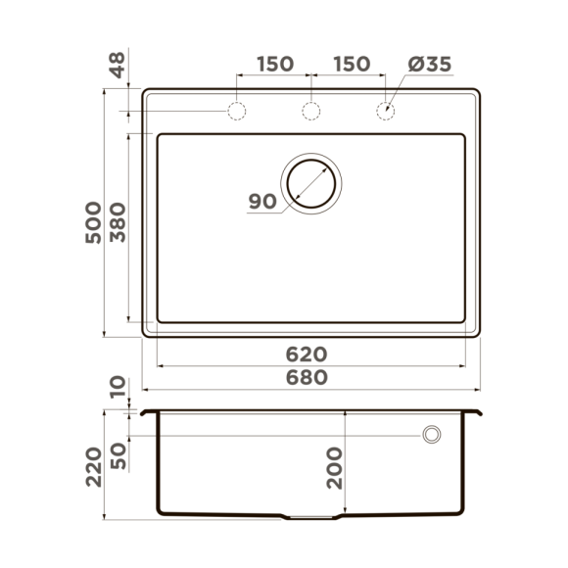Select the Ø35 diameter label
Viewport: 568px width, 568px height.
tap(428, 65)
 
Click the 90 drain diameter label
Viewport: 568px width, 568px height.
tap(261, 202)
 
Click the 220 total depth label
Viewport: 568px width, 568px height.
tap(93, 468)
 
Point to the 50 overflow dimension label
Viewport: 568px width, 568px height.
tap(118, 455)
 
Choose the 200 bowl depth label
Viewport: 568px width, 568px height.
tap(333, 468)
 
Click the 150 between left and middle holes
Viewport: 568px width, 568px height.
tap(274, 65)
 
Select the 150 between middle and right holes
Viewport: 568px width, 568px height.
tap(350, 65)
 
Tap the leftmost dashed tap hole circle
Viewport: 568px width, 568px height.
tap(237, 112)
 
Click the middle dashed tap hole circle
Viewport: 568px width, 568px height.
tap(311, 112)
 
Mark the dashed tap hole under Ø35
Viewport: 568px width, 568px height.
tap(386, 112)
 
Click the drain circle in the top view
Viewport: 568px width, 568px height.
tap(311, 183)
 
